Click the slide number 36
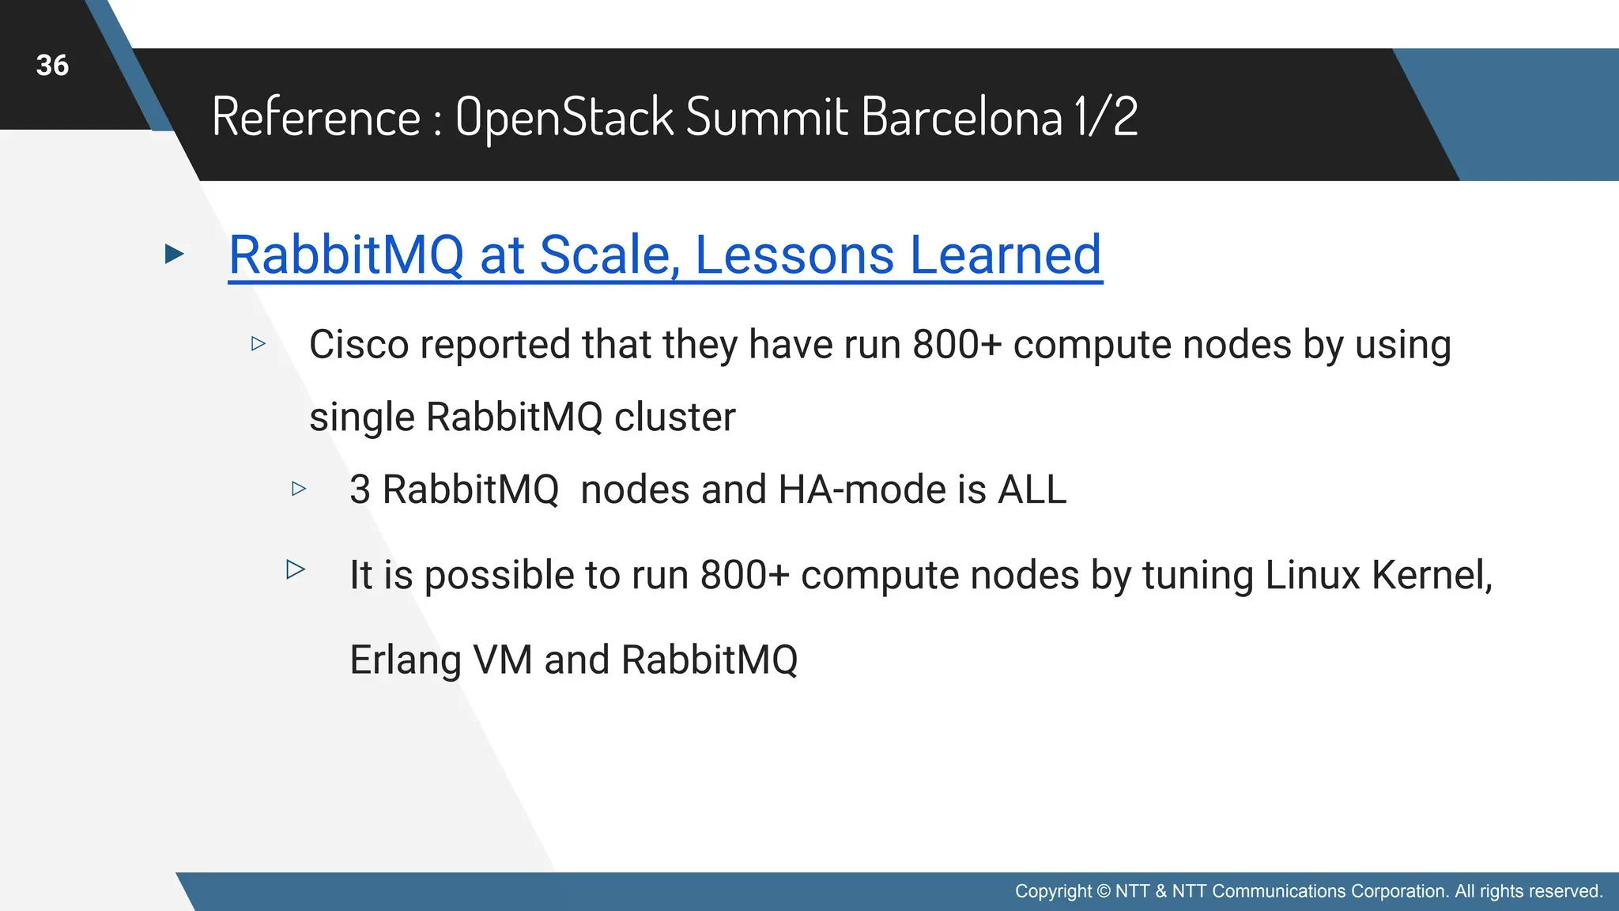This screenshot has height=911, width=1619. click(x=52, y=66)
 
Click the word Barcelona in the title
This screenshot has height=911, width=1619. click(x=961, y=117)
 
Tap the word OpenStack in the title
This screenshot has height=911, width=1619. click(x=564, y=117)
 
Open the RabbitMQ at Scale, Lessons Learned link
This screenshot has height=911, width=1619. click(x=665, y=255)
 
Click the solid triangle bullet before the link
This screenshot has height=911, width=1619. click(x=174, y=254)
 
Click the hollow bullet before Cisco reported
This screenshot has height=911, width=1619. click(x=259, y=343)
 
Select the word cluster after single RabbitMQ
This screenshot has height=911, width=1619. click(x=674, y=417)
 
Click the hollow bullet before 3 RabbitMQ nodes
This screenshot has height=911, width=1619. click(x=299, y=489)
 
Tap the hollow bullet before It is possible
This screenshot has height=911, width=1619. click(x=296, y=569)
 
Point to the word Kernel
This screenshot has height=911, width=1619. click(x=1431, y=575)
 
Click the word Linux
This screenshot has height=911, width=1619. click(x=1312, y=575)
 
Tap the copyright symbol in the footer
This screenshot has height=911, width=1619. click(x=1104, y=891)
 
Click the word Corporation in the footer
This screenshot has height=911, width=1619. click(x=1399, y=891)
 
